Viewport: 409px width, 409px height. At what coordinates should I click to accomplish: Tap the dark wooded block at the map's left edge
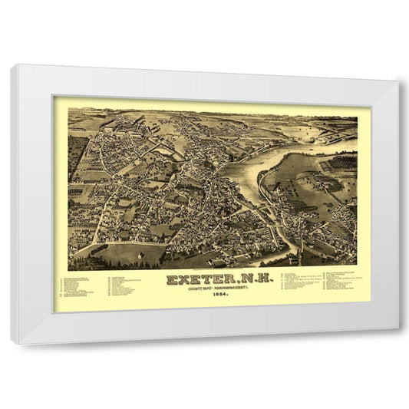click(77, 153)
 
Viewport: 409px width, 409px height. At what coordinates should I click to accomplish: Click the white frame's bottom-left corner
click(13, 341)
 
